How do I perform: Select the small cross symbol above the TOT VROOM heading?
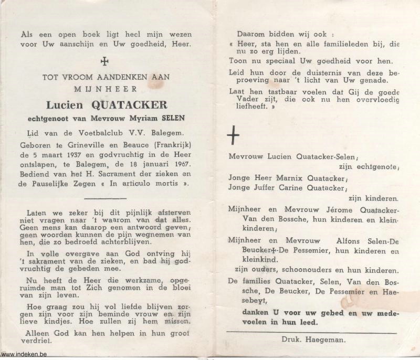105,61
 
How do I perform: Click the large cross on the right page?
233,136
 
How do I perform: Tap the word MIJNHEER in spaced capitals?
105,89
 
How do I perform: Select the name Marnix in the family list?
284,178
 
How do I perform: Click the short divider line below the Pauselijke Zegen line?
105,198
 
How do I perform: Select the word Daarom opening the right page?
250,33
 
